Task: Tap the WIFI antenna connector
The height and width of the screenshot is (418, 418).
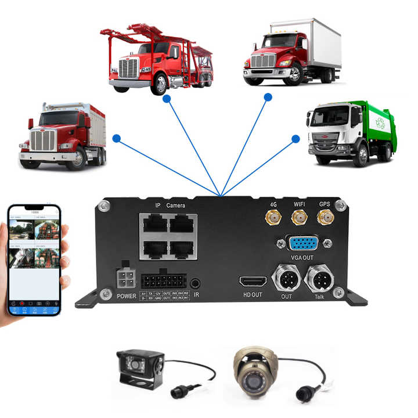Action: pos(299,218)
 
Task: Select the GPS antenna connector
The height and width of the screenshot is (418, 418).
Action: pos(324,218)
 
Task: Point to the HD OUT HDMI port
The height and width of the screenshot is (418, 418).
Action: pos(253,282)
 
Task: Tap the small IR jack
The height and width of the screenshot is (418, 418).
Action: pos(196,283)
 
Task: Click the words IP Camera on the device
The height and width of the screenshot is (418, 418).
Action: pos(170,206)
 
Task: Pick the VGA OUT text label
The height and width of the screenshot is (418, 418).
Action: pos(302,257)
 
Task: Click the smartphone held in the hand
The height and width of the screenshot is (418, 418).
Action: pos(34,260)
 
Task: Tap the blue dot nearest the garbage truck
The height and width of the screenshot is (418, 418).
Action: pos(296,139)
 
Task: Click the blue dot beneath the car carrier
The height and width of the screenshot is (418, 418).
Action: pos(167,99)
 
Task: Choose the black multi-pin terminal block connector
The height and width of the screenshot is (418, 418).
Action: pos(163,283)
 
